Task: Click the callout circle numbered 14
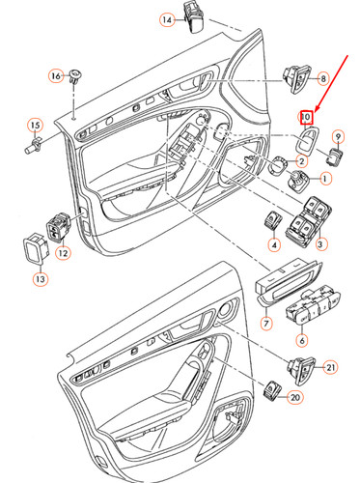[x=167, y=20]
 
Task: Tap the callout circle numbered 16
[x=55, y=75]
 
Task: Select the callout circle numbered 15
[x=35, y=126]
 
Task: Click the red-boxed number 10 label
[x=305, y=118]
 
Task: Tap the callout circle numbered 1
[x=324, y=179]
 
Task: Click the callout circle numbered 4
[x=274, y=246]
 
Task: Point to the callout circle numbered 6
[x=301, y=340]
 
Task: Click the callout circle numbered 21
[x=329, y=366]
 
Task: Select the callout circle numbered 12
[x=63, y=254]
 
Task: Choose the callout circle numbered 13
[x=41, y=280]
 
